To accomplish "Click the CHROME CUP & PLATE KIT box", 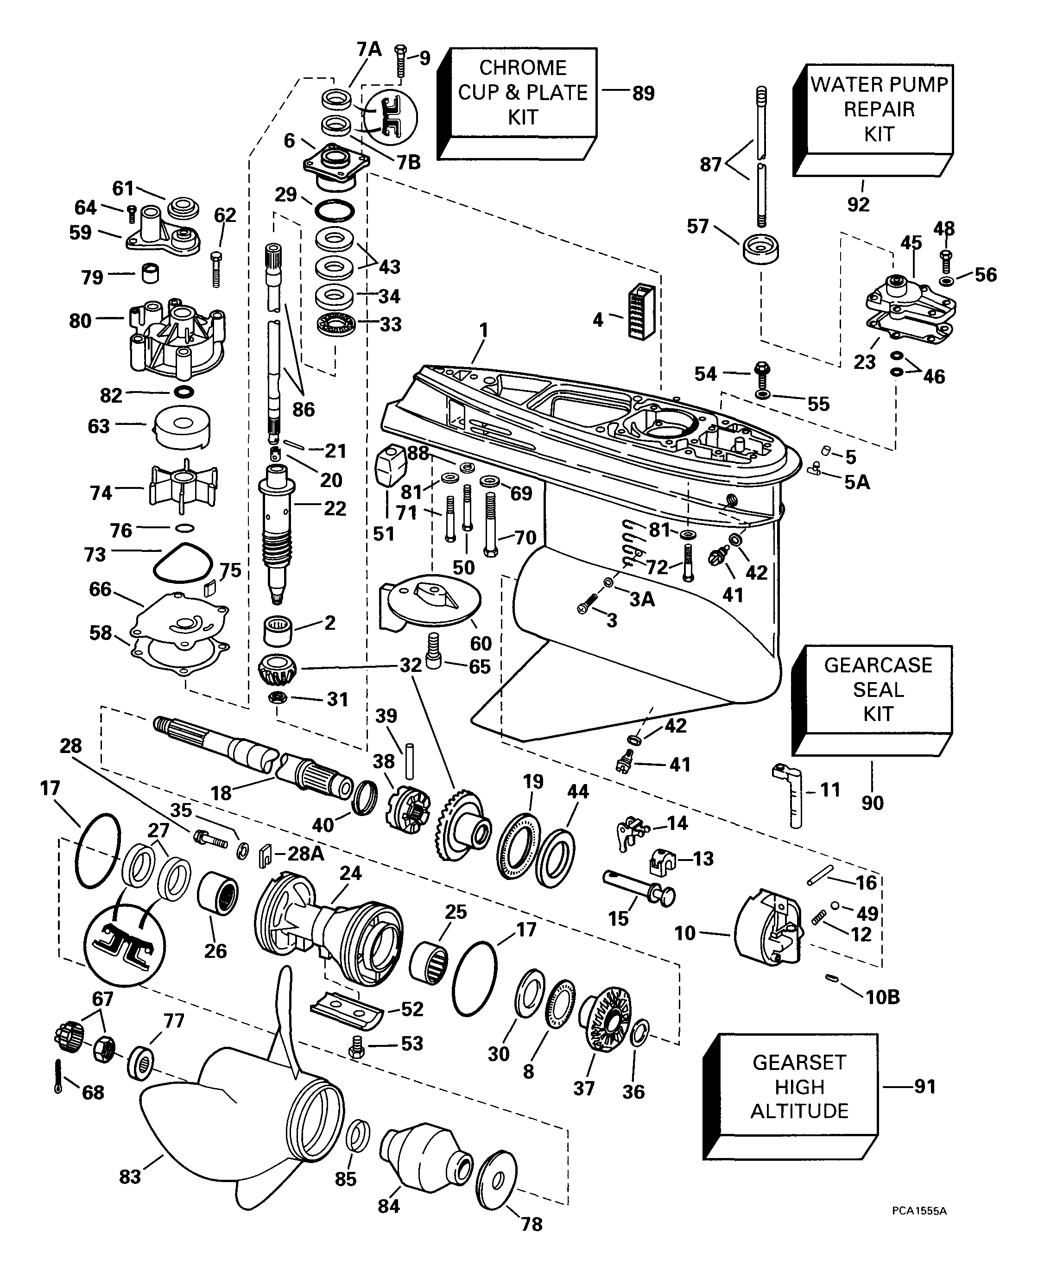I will (523, 93).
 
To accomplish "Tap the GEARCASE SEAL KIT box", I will (878, 690).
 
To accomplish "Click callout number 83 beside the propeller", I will (130, 1177).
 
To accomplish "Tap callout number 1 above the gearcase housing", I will (483, 330).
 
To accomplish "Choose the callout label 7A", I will (369, 49).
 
